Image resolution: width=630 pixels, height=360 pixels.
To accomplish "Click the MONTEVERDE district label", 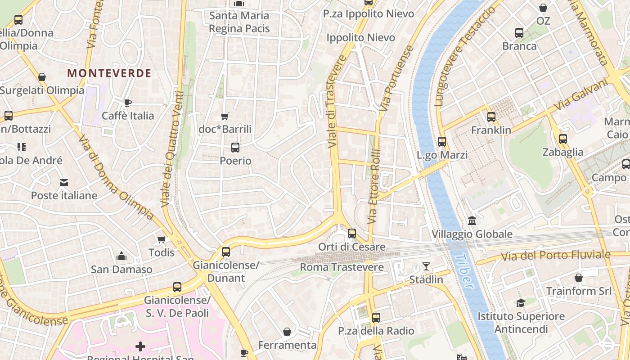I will click(x=109, y=73).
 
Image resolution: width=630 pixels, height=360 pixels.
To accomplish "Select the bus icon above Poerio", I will click(x=235, y=148).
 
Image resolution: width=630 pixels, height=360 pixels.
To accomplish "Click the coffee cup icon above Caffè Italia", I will click(x=127, y=103).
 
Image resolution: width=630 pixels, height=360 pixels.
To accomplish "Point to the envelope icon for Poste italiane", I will click(x=63, y=183).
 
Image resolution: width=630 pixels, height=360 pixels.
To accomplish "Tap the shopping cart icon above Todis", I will click(x=162, y=239).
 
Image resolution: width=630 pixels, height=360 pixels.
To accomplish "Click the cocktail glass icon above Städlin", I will click(x=426, y=266).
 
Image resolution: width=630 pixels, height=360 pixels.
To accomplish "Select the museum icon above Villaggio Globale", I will click(x=472, y=221).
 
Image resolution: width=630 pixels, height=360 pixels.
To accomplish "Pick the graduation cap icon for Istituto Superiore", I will click(x=521, y=303).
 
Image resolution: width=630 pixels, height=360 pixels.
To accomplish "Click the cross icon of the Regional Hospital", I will click(x=140, y=346).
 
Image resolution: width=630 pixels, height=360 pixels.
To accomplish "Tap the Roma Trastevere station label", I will click(x=342, y=267).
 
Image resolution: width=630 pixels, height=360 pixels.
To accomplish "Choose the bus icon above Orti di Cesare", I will click(x=352, y=234).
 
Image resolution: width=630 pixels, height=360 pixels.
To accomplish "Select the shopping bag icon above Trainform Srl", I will click(x=579, y=278).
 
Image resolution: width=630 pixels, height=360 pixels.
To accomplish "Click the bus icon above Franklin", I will click(x=491, y=117).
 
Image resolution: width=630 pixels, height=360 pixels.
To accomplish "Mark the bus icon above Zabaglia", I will click(x=562, y=139).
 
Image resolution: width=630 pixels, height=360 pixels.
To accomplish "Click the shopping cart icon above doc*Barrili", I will click(x=225, y=116).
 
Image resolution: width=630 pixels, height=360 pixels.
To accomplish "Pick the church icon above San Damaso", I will click(x=121, y=256).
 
